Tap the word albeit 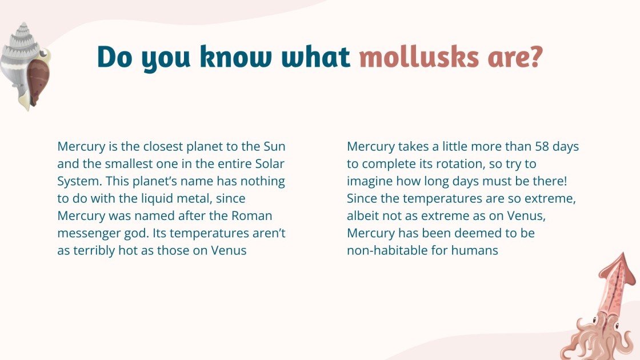pos(363,216)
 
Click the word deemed pos(478,233)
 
